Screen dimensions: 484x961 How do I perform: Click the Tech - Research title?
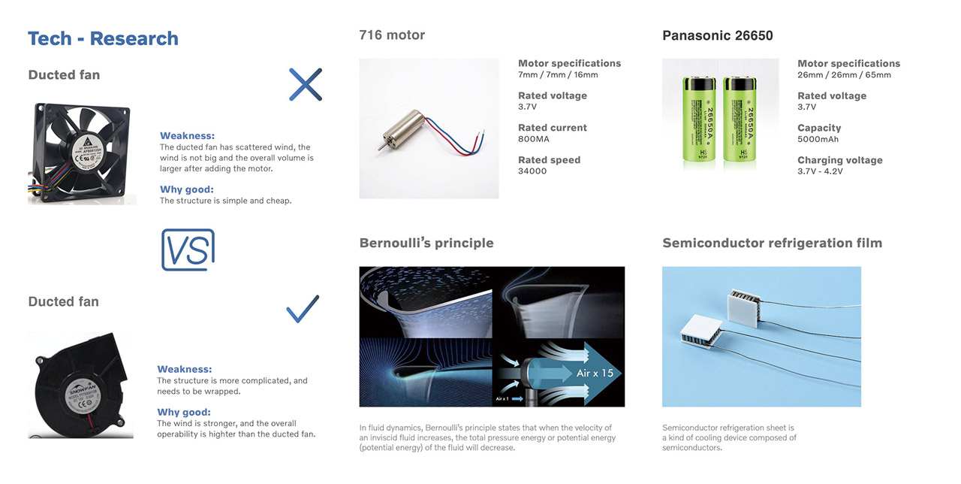[x=103, y=38]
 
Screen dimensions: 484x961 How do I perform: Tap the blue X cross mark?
[x=306, y=84]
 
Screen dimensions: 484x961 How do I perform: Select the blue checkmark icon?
[x=303, y=309]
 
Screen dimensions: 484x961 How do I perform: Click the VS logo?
[x=188, y=250]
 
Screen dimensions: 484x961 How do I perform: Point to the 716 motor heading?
[x=392, y=35]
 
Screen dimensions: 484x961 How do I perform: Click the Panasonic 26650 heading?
[x=717, y=35]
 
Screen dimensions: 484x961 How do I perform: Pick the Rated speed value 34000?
[x=532, y=171]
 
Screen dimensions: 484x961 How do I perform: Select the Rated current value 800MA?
[x=534, y=139]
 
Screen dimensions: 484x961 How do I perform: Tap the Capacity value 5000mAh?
[x=818, y=139]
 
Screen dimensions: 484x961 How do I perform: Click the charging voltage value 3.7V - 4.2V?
[x=820, y=171]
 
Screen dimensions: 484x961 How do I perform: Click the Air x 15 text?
[x=595, y=374]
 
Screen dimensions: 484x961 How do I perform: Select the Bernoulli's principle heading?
[x=426, y=243]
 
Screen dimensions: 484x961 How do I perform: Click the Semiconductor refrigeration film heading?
[x=772, y=243]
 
